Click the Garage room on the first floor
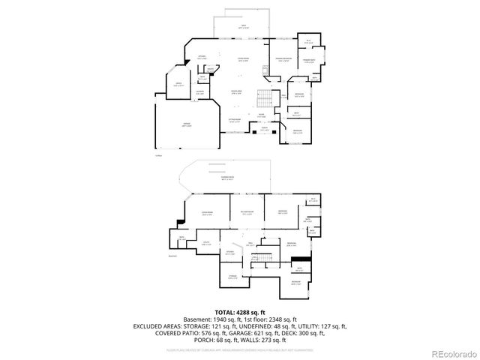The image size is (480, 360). [184, 127]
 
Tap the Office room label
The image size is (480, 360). [178, 85]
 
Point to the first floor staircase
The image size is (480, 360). [264, 98]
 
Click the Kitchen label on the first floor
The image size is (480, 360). [201, 57]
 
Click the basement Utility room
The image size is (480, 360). [205, 243]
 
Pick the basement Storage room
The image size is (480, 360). [233, 277]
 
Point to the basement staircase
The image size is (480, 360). [264, 259]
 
